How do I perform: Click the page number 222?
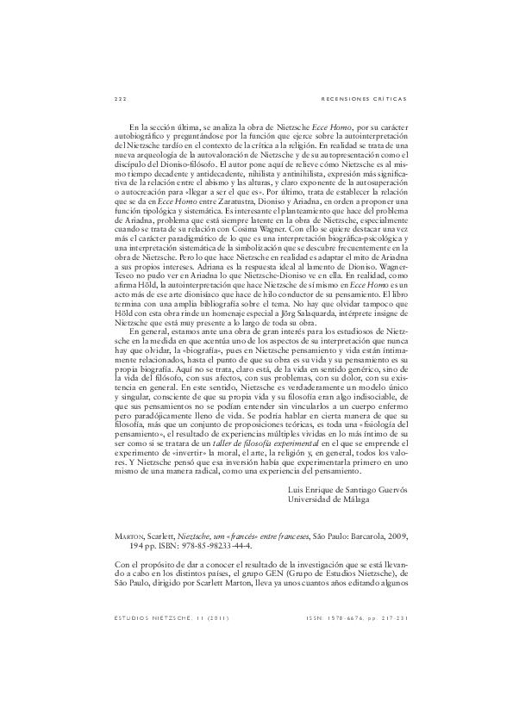(120, 97)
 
